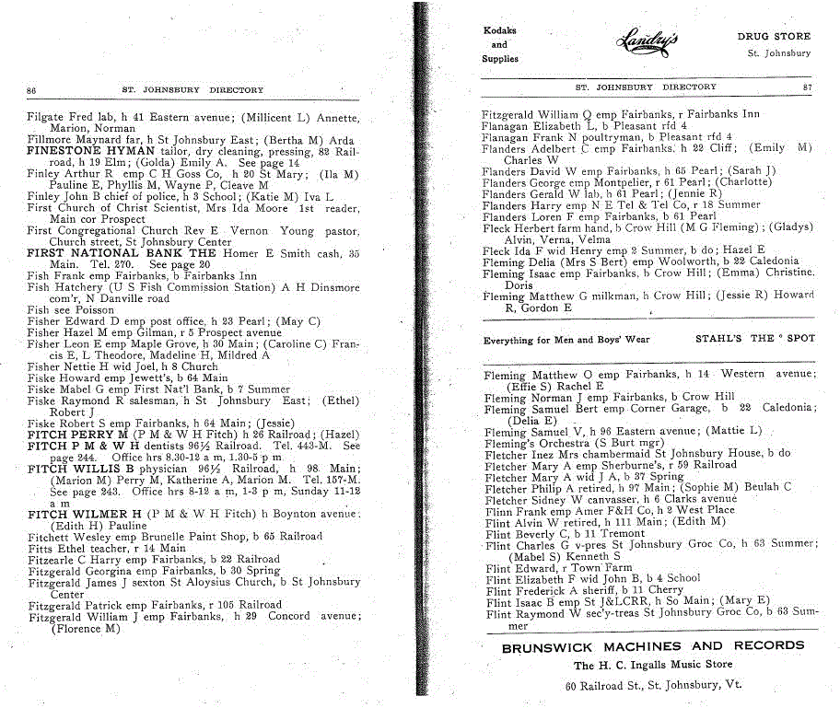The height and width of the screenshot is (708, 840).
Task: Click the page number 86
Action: [x=31, y=90]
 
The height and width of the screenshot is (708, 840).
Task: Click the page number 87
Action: [x=807, y=87]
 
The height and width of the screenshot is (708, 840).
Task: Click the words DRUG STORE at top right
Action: [x=774, y=37]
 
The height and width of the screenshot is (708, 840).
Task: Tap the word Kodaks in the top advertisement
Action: [x=499, y=30]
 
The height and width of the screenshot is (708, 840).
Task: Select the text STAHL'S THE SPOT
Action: [x=755, y=338]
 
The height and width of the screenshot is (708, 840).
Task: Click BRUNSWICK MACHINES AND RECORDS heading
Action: [x=653, y=647]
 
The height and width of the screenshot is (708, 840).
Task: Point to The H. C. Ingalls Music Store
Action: [x=653, y=666]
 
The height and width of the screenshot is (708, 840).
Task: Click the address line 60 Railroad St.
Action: [x=653, y=685]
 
